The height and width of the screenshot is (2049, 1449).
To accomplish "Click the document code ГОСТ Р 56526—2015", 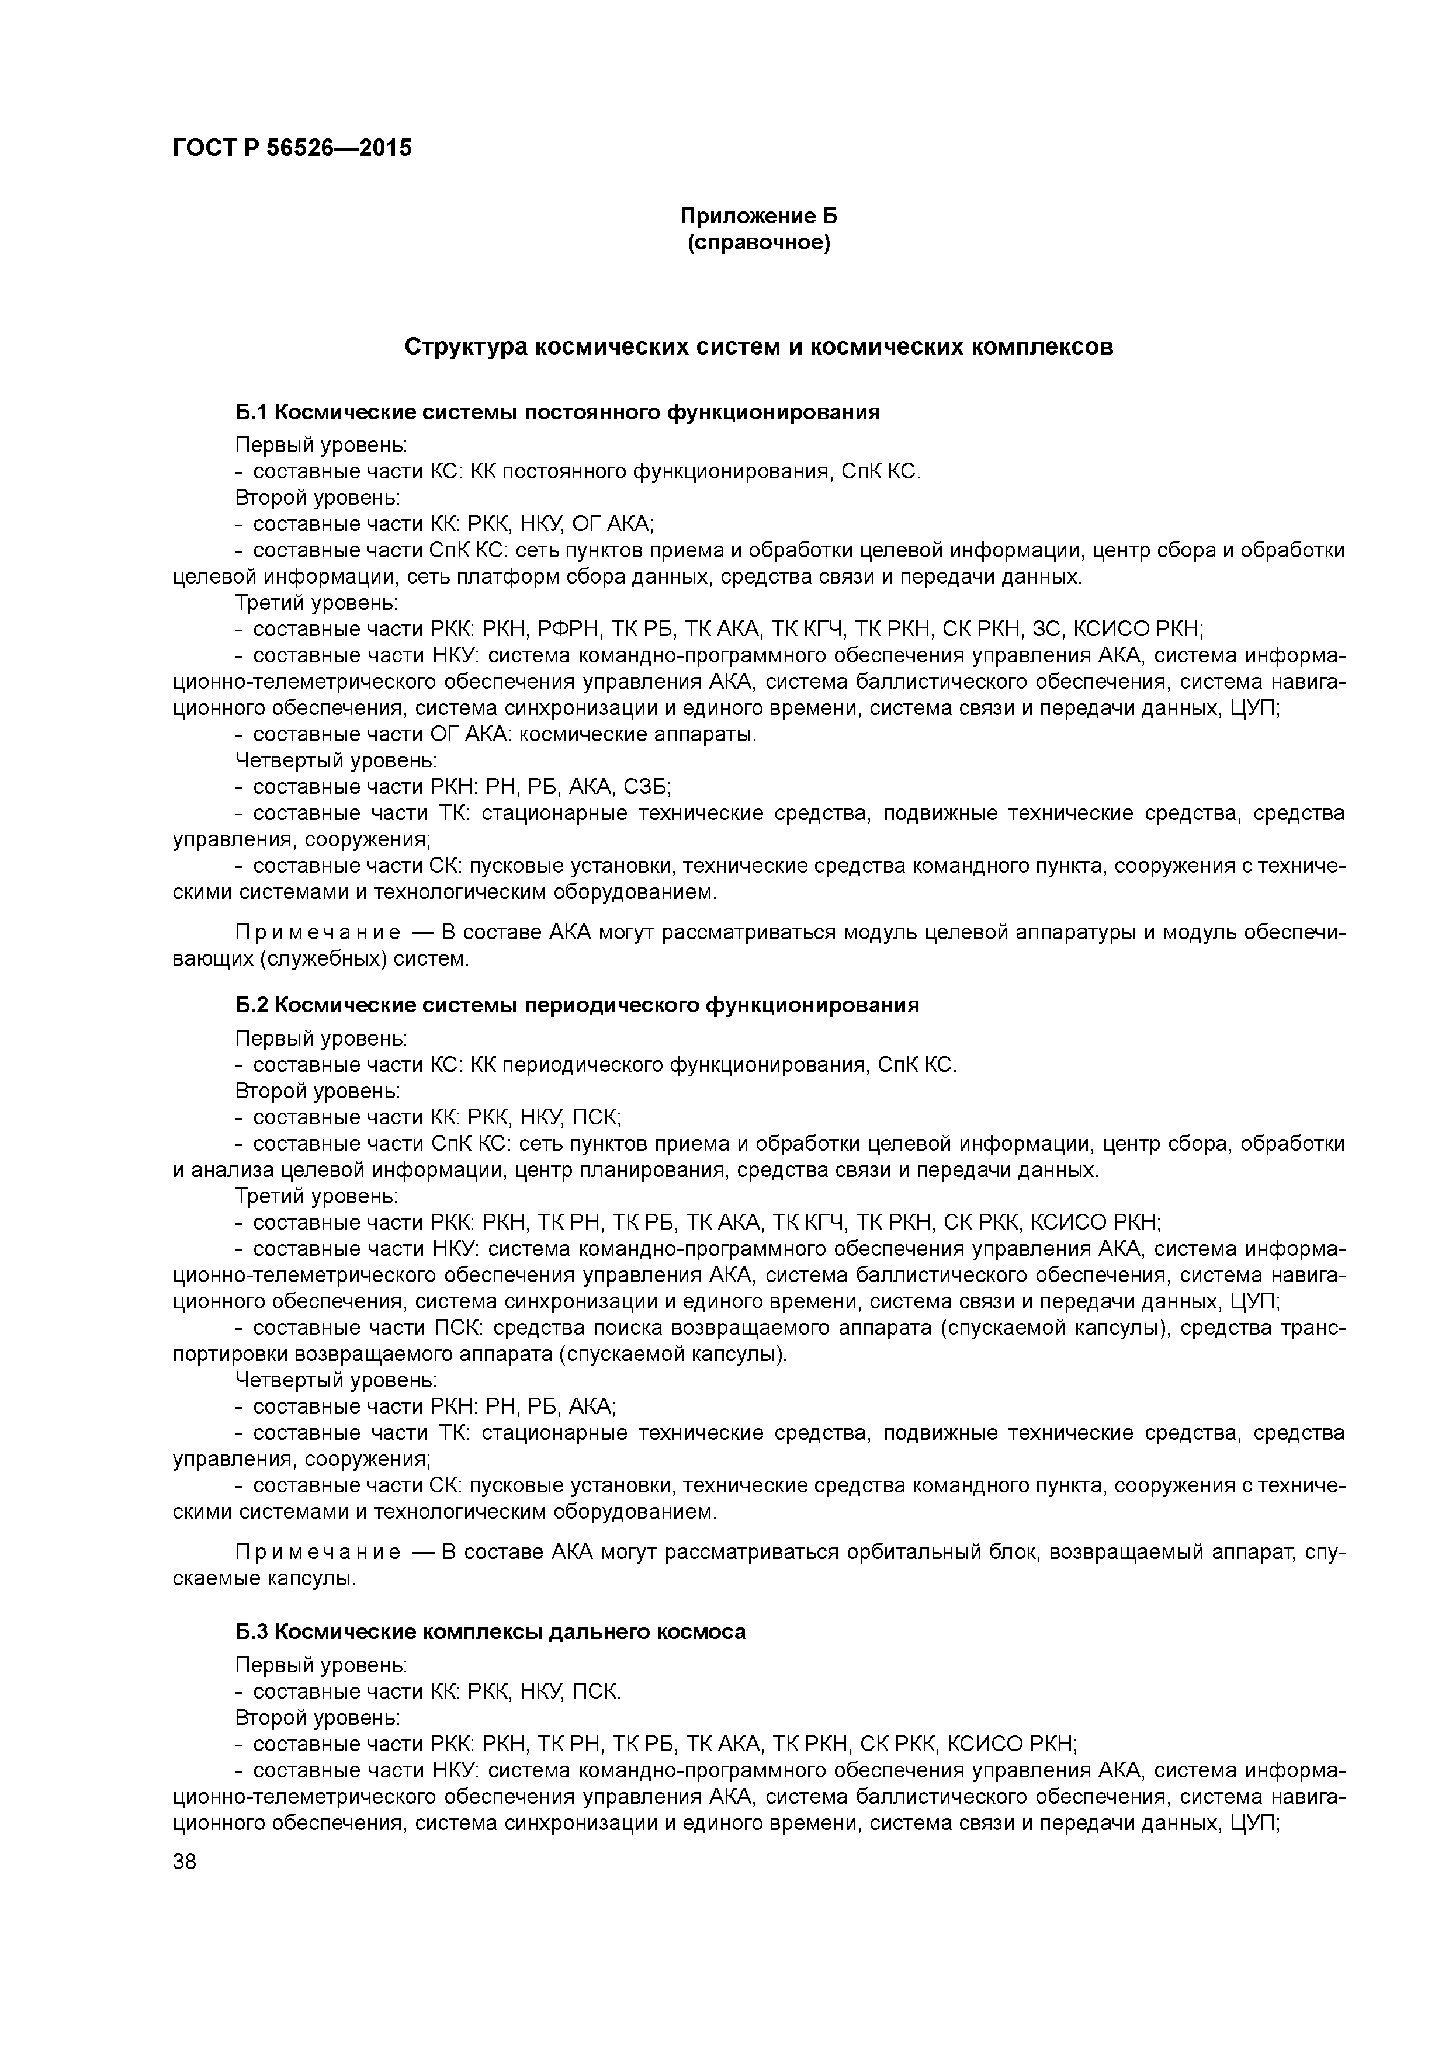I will tap(292, 148).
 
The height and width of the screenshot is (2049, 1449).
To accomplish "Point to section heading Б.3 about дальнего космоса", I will tap(490, 1631).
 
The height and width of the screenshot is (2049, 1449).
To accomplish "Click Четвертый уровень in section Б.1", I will tap(336, 760).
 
